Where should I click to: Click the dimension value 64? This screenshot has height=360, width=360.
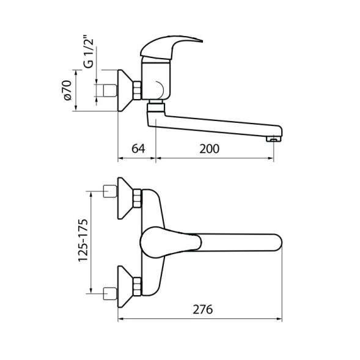(138, 149)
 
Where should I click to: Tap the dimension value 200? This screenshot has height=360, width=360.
(209, 149)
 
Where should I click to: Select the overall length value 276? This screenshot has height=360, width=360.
(202, 309)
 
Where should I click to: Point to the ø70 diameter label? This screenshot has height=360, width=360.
(67, 90)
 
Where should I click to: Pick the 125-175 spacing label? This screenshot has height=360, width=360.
(83, 240)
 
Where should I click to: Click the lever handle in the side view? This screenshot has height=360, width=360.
(171, 47)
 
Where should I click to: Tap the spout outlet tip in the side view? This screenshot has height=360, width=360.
(274, 139)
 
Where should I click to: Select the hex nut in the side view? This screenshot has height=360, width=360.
(138, 90)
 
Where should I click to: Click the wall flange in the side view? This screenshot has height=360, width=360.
(125, 90)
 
